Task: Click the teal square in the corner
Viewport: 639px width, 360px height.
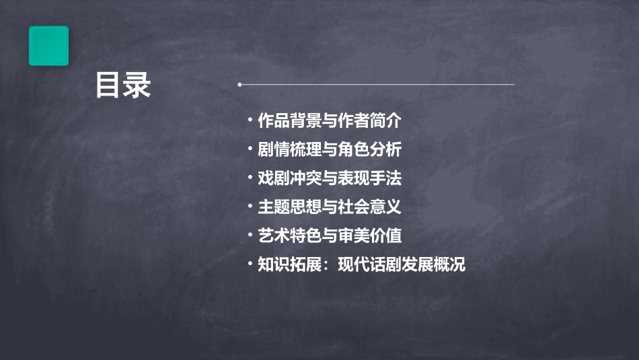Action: tap(48, 46)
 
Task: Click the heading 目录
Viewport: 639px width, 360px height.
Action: tap(123, 85)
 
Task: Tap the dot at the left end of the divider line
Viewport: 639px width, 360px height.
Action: tap(239, 85)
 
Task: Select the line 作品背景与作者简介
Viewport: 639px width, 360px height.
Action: tap(329, 121)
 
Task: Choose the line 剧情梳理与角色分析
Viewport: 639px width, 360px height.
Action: tap(329, 150)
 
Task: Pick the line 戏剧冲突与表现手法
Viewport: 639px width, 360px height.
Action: tap(329, 178)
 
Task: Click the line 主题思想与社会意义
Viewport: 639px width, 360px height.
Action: tap(329, 207)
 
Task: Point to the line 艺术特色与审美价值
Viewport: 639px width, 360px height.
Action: tap(329, 236)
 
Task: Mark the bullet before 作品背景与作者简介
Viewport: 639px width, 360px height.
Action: tap(250, 121)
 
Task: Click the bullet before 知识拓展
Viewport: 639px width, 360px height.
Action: tap(250, 264)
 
